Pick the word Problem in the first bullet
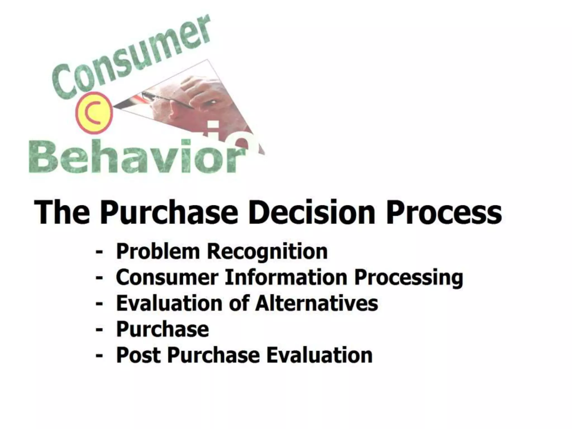158,251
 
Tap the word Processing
409,278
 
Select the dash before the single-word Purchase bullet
99,330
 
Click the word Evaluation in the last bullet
319,355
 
